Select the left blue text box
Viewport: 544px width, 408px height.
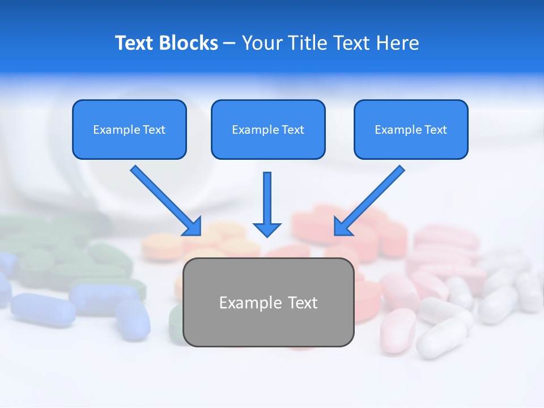[129, 129]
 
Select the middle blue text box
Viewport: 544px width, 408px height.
[268, 129]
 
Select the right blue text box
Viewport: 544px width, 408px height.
[411, 129]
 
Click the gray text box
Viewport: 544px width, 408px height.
[268, 303]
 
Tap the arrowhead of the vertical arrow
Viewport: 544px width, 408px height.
[267, 229]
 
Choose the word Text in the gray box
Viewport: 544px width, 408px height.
[303, 303]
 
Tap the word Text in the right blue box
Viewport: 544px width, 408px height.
[436, 130]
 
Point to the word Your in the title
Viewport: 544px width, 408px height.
[260, 43]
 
